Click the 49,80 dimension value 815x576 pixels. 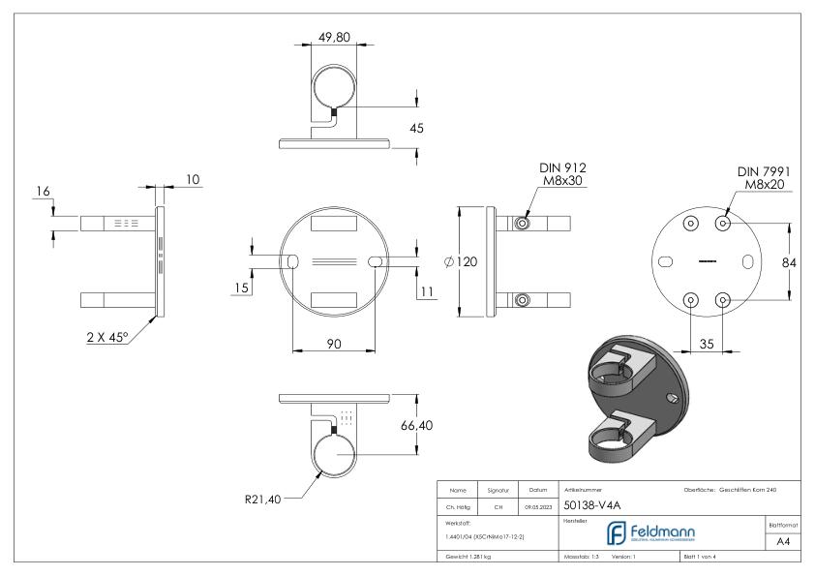[x=333, y=38]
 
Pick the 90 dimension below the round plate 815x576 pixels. [x=333, y=345]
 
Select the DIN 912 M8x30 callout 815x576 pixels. [x=563, y=174]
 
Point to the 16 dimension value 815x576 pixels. [x=42, y=193]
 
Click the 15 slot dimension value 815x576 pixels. [x=241, y=288]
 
